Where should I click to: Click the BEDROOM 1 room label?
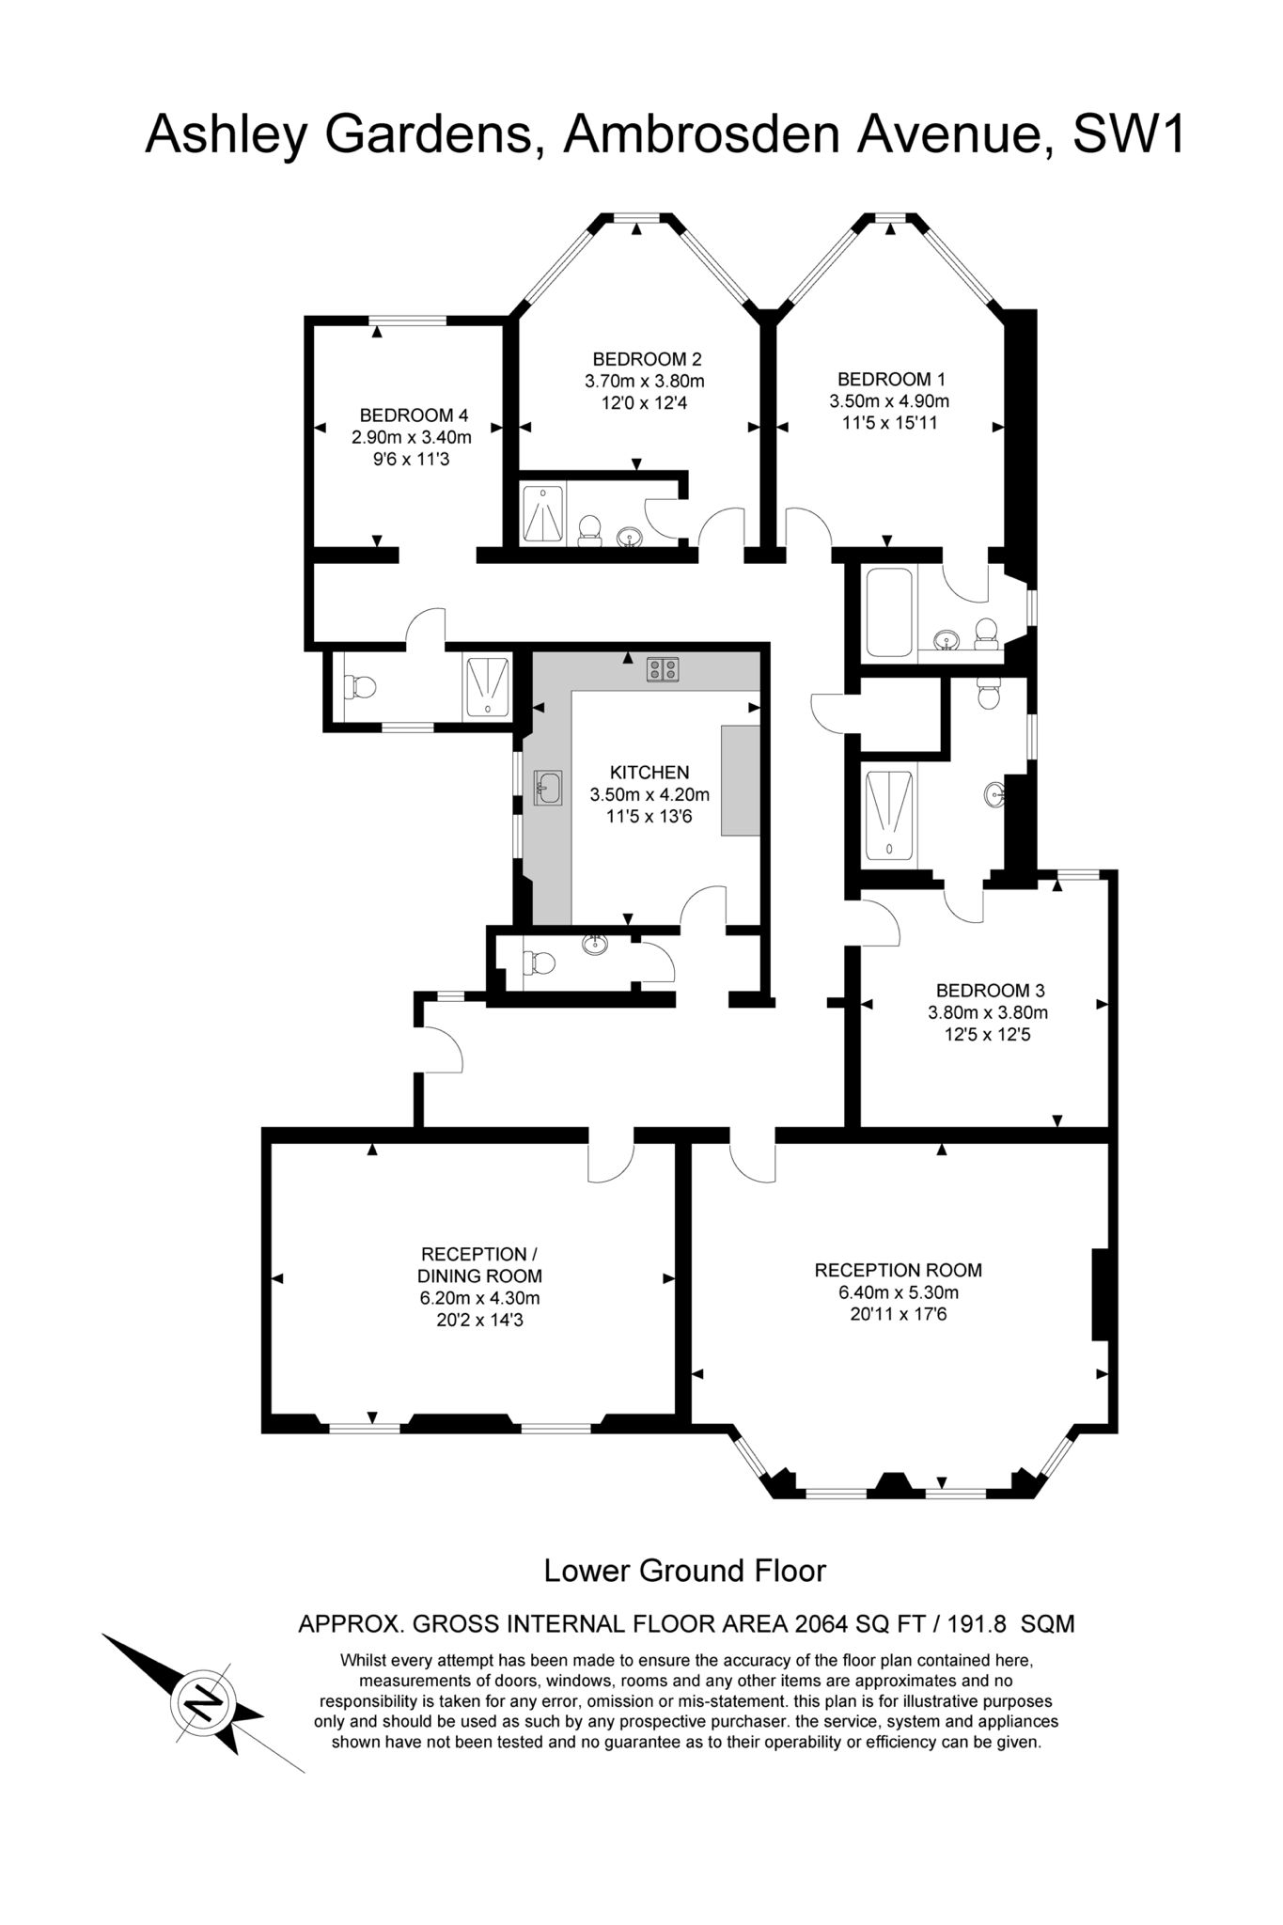[x=891, y=380]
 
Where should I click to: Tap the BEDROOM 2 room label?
[x=647, y=359]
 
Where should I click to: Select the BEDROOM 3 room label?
[x=990, y=991]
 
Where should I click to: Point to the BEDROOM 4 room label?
[x=414, y=415]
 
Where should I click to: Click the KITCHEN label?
[x=649, y=773]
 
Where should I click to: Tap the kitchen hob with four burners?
[x=664, y=669]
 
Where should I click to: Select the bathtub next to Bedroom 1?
[x=888, y=612]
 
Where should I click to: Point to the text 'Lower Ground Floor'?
[x=685, y=1571]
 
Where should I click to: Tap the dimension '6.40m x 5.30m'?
[x=899, y=1292]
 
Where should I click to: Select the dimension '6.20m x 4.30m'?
[x=479, y=1299]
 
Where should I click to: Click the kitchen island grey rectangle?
[x=740, y=780]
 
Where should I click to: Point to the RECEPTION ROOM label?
[x=899, y=1270]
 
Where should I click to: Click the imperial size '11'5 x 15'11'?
[x=890, y=423]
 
